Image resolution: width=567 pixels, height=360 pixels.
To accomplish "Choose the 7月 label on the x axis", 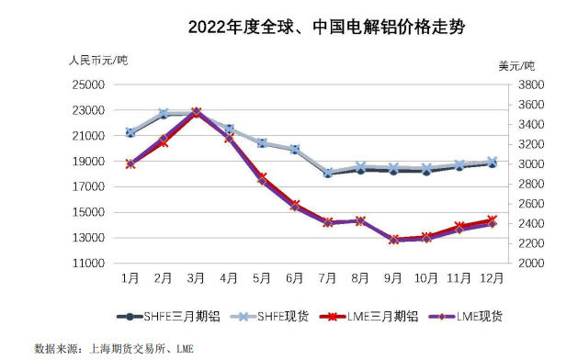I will [x=327, y=276].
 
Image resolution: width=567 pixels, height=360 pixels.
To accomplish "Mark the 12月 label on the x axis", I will [x=492, y=276].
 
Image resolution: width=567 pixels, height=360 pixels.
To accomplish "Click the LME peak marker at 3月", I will [x=196, y=112].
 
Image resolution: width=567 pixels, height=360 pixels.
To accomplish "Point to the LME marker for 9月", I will [x=393, y=240].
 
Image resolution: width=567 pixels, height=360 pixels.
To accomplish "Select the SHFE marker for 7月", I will [x=327, y=173].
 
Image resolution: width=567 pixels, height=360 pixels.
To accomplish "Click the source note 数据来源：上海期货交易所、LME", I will [x=114, y=349].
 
